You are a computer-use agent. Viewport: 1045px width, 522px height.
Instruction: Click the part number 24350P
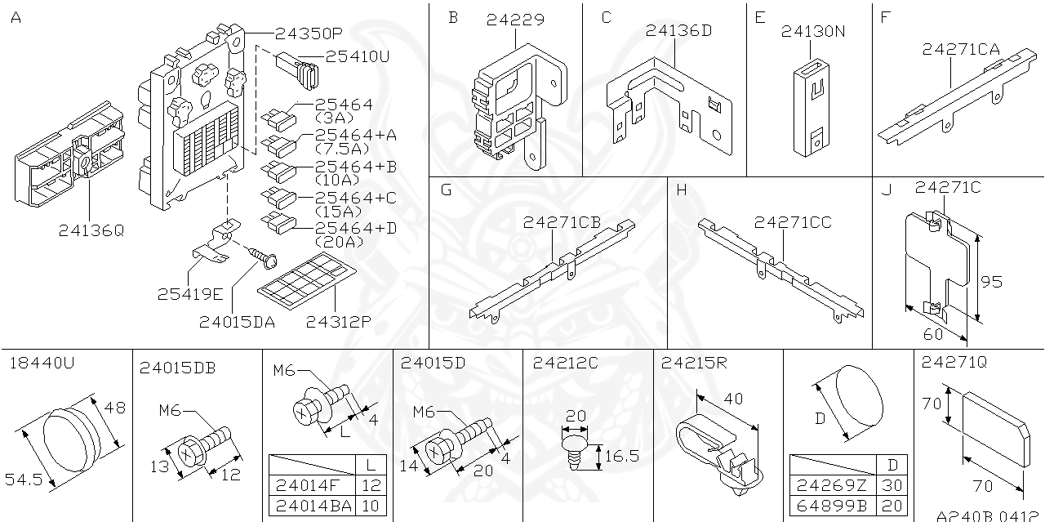click(x=308, y=33)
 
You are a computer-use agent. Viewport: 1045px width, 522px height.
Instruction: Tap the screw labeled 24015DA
click(x=262, y=259)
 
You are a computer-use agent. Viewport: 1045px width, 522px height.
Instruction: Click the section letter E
click(x=760, y=16)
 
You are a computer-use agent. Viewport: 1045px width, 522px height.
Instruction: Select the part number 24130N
click(x=812, y=32)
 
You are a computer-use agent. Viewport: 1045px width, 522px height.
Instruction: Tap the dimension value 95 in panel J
click(x=991, y=282)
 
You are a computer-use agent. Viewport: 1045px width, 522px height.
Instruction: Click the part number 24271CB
click(x=562, y=222)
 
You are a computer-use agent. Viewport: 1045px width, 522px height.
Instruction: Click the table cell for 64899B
click(x=828, y=506)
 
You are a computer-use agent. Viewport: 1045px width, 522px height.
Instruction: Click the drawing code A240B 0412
click(x=989, y=516)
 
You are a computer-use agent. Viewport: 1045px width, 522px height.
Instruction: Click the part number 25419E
click(x=189, y=292)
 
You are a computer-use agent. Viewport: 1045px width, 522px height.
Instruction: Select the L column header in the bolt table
click(x=371, y=464)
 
